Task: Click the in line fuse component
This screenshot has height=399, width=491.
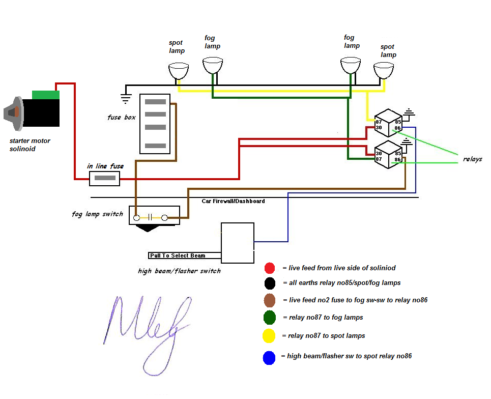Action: (105, 179)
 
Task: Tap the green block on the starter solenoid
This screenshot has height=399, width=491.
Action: (46, 95)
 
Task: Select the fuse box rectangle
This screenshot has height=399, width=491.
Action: (155, 123)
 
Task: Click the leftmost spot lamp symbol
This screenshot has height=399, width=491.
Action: (178, 71)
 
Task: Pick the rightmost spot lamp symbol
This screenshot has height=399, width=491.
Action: (384, 70)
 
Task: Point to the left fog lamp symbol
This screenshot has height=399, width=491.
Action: (213, 65)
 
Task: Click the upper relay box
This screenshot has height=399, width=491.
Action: (389, 122)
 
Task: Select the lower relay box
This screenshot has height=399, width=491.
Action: (389, 154)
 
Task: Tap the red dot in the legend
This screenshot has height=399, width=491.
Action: (270, 268)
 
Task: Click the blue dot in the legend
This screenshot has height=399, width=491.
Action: (269, 358)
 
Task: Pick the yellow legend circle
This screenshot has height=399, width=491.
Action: (269, 336)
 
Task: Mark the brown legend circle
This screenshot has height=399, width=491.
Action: (270, 300)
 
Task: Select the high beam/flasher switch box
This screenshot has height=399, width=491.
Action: (238, 243)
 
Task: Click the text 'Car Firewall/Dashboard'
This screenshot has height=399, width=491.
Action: (233, 202)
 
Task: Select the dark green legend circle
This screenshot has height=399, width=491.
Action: (270, 318)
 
